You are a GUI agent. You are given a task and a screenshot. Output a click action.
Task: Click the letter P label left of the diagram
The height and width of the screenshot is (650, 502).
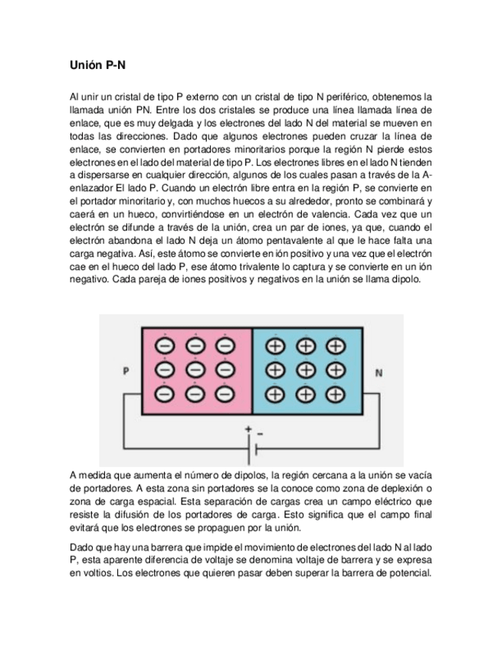tap(125, 373)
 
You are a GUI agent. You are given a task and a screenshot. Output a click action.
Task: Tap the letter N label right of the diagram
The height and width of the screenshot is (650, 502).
tap(379, 373)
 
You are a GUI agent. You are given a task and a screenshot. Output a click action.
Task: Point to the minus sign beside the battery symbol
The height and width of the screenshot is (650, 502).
tap(260, 434)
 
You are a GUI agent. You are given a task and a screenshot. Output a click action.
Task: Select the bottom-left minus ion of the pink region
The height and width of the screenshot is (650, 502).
tap(165, 394)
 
